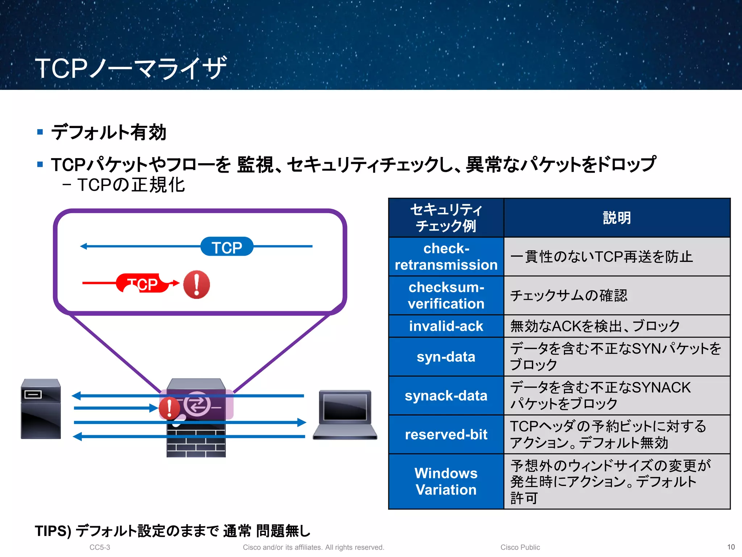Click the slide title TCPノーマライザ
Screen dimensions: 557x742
coord(131,68)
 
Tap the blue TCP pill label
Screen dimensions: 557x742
coord(227,247)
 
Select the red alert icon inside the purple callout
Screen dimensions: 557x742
coord(196,285)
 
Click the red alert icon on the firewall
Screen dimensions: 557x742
coord(169,408)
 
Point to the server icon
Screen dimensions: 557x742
coord(41,409)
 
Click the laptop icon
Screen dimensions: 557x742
coord(345,414)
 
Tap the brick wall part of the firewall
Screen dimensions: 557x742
coord(196,441)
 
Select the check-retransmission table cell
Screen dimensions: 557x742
coord(446,257)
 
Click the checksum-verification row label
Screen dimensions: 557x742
coord(446,296)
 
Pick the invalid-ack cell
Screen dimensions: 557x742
coord(446,326)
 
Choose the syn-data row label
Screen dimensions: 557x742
coord(446,357)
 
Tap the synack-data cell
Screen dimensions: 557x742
coord(446,396)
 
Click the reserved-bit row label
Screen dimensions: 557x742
coord(446,434)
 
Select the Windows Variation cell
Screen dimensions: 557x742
coord(446,482)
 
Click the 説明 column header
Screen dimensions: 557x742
coord(617,218)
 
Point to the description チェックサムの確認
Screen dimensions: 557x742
coord(569,296)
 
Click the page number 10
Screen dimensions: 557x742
coord(731,547)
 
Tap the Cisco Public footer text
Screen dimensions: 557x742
coord(520,547)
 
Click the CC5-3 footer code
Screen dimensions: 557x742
coord(100,547)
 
